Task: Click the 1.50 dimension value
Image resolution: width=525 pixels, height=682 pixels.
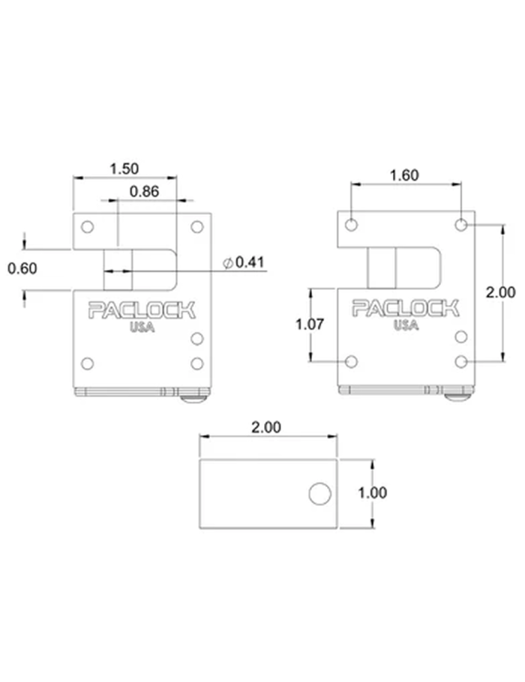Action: [x=124, y=169]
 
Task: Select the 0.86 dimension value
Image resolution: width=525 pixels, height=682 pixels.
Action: [x=144, y=191]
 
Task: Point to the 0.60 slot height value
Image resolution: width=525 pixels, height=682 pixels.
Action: [x=22, y=268]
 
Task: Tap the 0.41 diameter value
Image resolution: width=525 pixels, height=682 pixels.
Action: [x=250, y=262]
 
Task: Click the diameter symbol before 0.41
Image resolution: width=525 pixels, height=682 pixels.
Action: [x=228, y=263]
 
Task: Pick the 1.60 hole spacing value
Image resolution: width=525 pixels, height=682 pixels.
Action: [x=404, y=175]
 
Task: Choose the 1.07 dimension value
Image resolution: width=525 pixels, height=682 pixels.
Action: [x=310, y=324]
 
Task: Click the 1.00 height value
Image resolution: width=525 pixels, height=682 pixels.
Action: [x=372, y=493]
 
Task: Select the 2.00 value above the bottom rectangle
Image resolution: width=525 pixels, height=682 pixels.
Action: [x=266, y=427]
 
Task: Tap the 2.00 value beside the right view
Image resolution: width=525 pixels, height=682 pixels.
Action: [x=500, y=292]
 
